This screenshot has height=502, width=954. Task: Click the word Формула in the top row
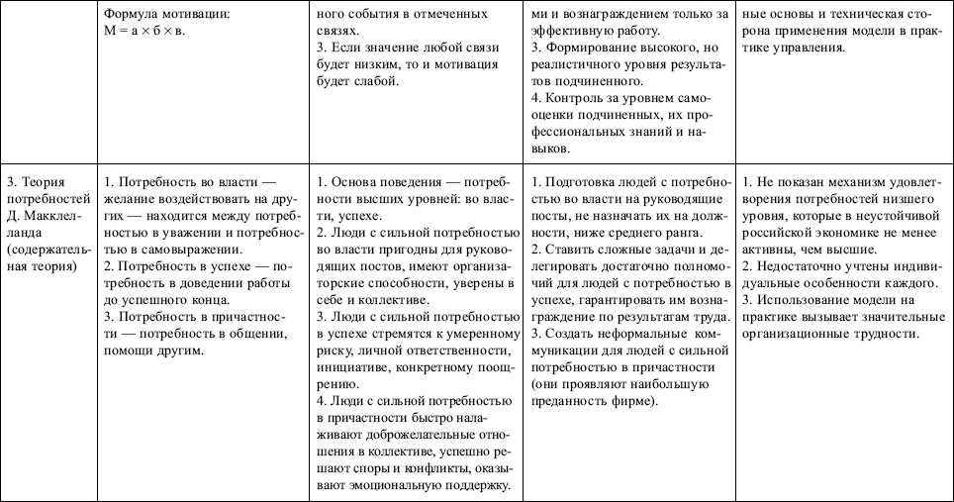tap(132, 14)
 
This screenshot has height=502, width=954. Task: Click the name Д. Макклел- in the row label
tap(41, 216)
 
